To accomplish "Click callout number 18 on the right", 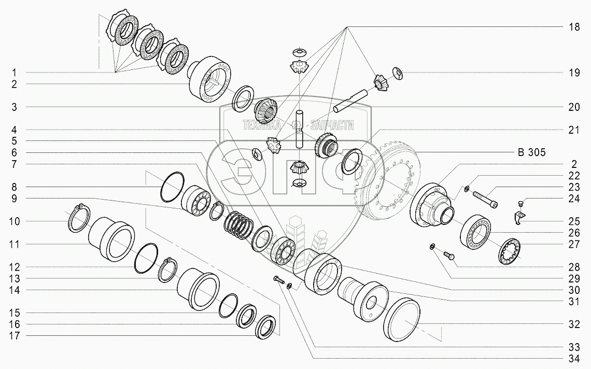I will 574,27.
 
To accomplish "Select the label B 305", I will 531,152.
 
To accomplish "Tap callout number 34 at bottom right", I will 574,359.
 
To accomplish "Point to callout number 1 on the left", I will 15,72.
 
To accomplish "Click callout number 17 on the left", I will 15,336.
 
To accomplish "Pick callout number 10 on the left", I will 15,221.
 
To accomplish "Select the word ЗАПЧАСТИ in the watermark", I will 332,125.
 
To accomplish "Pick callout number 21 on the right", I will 574,130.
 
